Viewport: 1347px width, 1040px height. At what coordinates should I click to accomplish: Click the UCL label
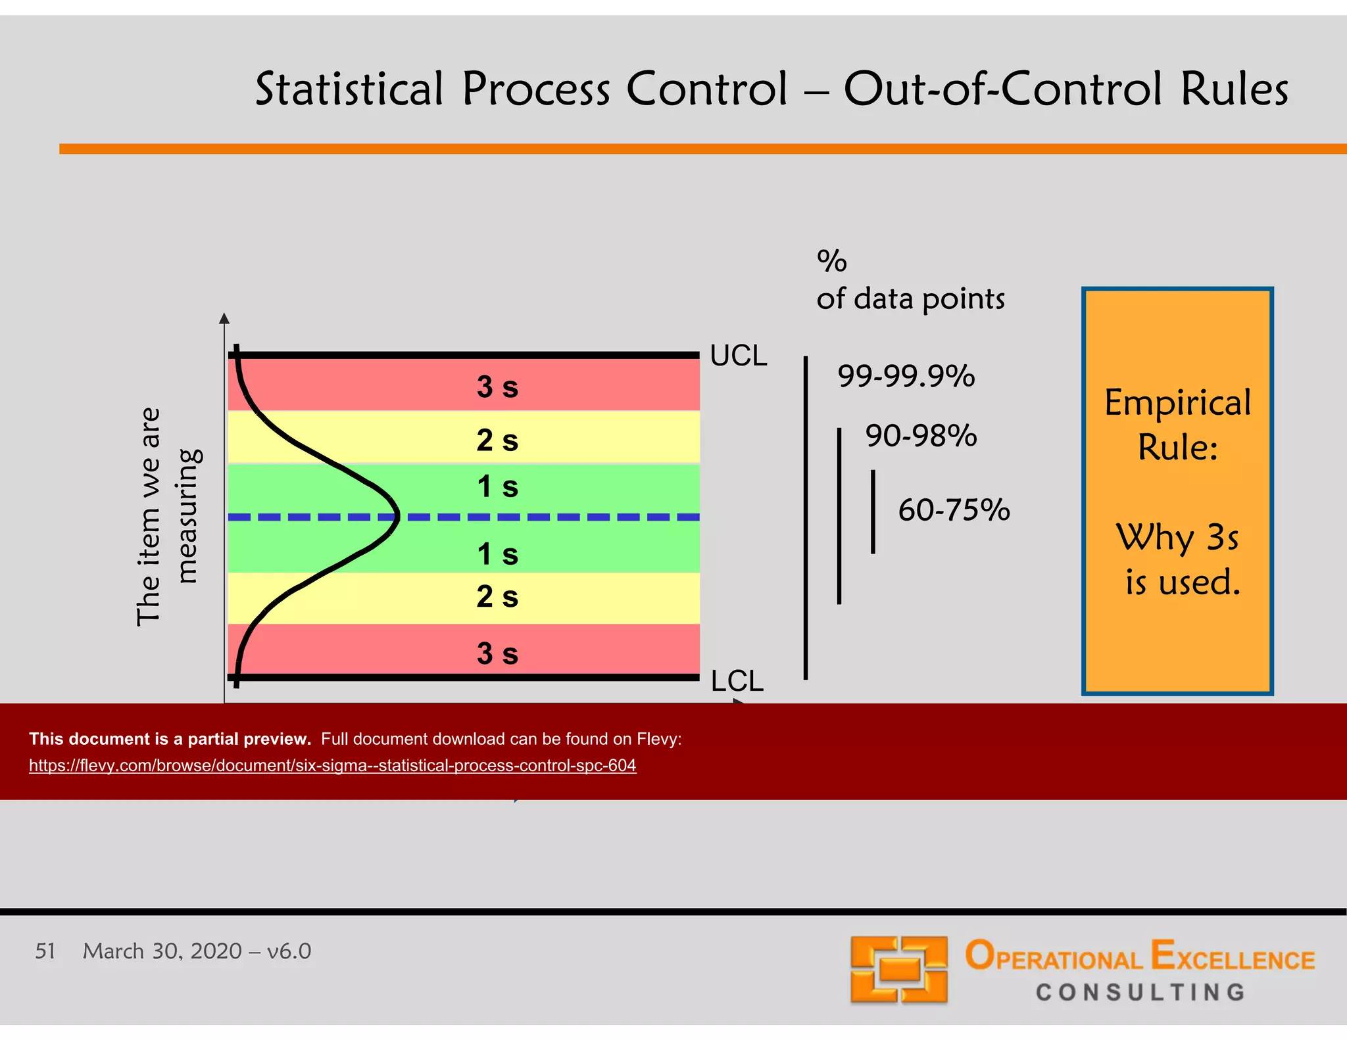pos(738,356)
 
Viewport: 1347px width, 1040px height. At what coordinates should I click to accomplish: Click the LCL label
pos(737,680)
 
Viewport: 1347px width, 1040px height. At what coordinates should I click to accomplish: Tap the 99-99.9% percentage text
pos(906,376)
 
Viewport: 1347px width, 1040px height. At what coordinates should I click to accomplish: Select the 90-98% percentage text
pos(921,435)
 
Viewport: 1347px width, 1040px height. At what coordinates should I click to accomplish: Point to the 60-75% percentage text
pos(954,509)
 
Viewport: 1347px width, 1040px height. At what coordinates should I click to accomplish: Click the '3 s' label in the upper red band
pos(497,387)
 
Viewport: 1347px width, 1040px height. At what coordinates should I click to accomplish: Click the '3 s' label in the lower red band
pos(497,653)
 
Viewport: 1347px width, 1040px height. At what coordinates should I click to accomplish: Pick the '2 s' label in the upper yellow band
pos(497,440)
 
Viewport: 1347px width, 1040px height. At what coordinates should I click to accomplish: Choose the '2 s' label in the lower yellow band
pos(497,597)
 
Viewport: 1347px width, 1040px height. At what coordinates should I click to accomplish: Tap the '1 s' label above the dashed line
pos(497,487)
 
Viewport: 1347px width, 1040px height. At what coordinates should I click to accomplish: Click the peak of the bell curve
pos(397,517)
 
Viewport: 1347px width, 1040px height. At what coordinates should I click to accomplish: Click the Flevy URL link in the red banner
pos(332,765)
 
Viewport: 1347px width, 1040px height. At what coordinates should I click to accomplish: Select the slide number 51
pos(45,951)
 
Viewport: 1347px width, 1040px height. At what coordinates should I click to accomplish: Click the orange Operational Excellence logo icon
pos(898,970)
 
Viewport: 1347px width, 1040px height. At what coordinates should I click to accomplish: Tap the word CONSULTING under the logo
pos(1140,992)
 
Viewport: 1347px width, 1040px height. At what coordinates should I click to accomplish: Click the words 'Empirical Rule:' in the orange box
pos(1177,424)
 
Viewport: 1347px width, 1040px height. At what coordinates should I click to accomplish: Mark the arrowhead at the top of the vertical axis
pos(224,318)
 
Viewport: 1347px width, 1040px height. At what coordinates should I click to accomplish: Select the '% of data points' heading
pos(910,281)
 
